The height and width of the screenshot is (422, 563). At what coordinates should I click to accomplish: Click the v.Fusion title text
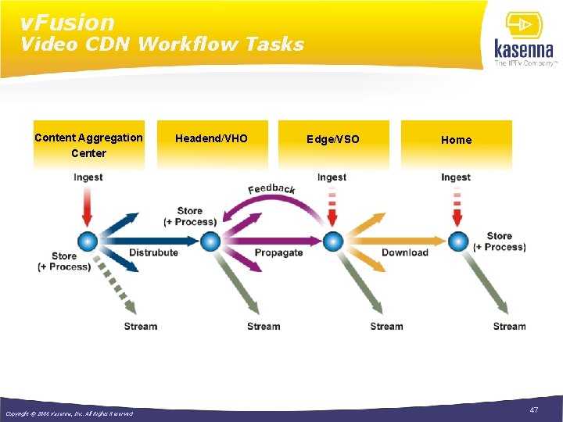tap(67, 23)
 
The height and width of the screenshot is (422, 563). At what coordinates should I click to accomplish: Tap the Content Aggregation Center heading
tap(88, 145)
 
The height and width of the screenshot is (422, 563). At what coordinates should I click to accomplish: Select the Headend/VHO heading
tap(211, 138)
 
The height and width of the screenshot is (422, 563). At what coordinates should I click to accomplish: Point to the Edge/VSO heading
tap(333, 139)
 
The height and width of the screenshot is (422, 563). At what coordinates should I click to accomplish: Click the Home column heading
tap(456, 140)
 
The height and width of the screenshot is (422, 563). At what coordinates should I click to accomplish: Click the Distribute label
tap(153, 252)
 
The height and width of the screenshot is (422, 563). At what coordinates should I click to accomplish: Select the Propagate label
tap(278, 252)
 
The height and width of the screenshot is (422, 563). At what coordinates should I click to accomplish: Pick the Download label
tap(404, 252)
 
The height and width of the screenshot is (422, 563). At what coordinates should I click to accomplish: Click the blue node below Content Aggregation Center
tap(87, 241)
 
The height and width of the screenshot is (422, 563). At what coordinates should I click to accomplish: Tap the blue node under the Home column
tap(457, 241)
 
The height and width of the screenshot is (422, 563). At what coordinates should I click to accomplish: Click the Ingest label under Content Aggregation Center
tap(88, 177)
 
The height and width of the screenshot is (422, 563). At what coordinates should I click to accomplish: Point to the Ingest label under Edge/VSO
tap(332, 177)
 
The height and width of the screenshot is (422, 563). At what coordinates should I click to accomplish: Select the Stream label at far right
tap(509, 326)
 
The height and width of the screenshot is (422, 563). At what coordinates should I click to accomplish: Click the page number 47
tap(534, 410)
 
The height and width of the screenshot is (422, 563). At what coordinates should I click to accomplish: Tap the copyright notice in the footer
tap(69, 413)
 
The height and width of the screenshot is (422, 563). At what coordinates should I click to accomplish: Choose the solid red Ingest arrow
tap(87, 207)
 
